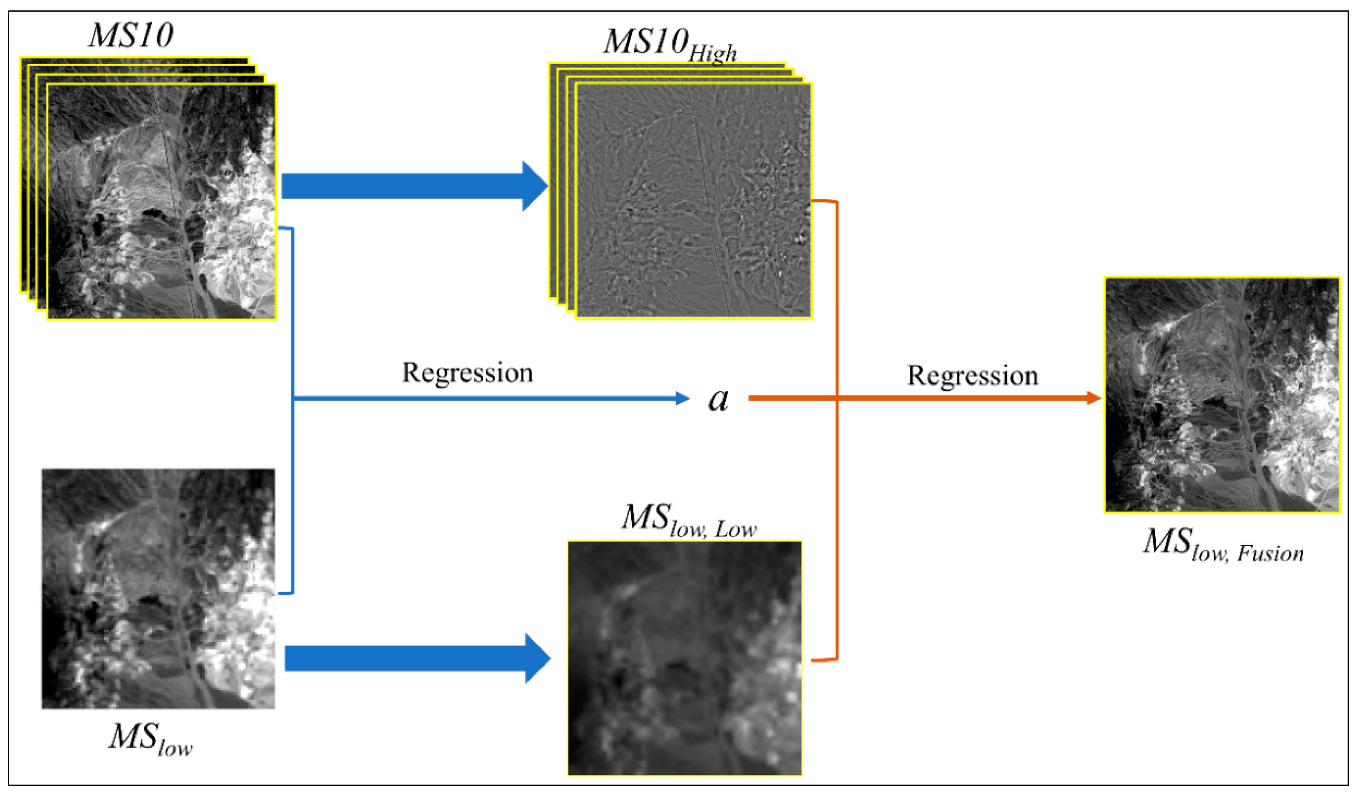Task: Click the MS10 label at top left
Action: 131,36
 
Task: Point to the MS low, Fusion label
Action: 1223,546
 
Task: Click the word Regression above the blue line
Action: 467,373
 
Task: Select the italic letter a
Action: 718,400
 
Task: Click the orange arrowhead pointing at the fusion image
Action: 1094,399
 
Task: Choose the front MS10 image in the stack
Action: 162,202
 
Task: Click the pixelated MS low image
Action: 158,589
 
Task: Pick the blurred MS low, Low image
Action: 684,658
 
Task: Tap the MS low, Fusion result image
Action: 1222,395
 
